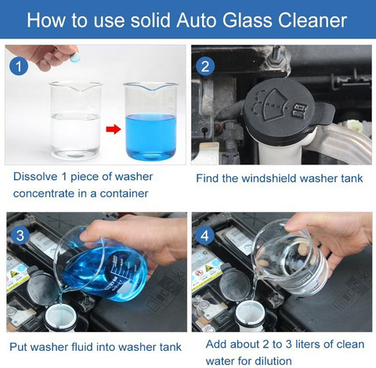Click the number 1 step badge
click(x=19, y=67)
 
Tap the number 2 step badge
click(x=205, y=67)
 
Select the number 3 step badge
click(x=20, y=236)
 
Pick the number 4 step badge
click(x=205, y=236)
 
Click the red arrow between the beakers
click(x=114, y=129)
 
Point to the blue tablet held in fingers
click(x=75, y=57)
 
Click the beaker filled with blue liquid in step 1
click(x=151, y=121)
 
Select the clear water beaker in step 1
click(x=76, y=121)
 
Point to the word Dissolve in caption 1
click(x=35, y=177)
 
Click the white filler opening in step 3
click(x=60, y=318)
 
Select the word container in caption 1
click(x=124, y=193)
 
